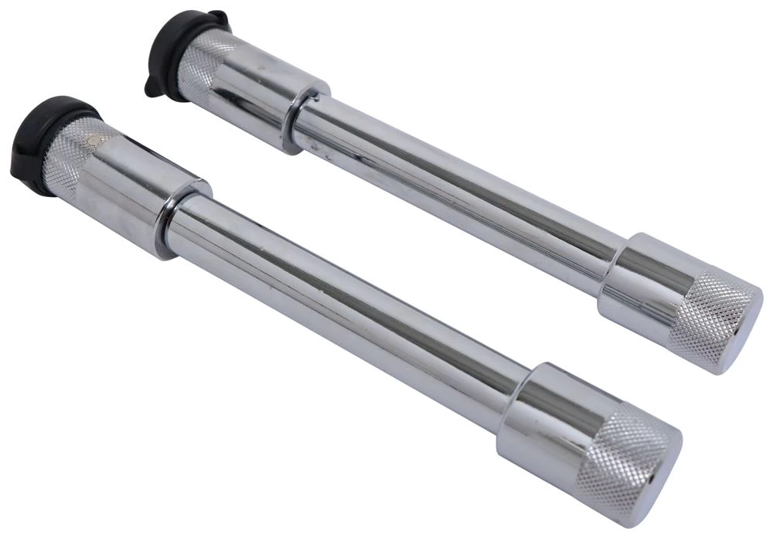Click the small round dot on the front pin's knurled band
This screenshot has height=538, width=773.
tap(94, 141)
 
